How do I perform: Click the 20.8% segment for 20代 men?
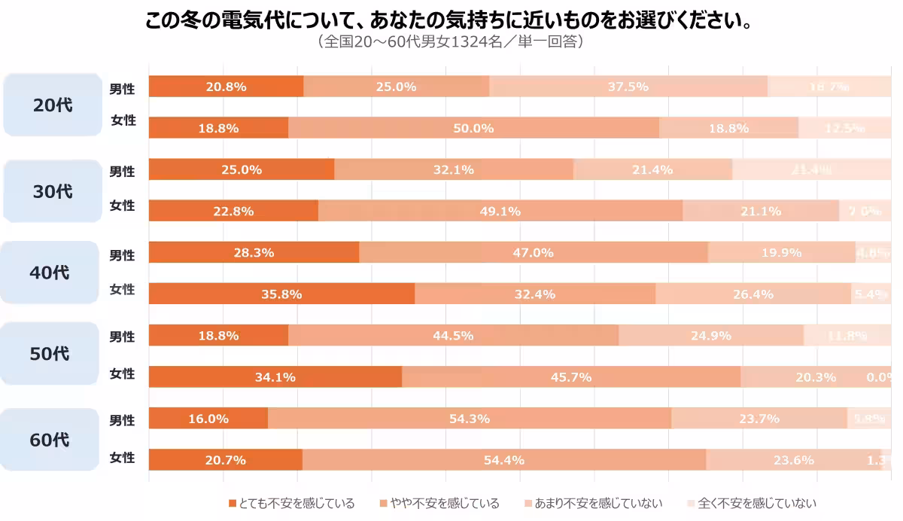pos(226,87)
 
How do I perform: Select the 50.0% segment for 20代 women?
pos(473,128)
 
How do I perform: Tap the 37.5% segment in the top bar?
pos(628,87)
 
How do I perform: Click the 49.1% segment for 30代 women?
pos(500,211)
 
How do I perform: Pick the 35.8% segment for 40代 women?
pos(281,294)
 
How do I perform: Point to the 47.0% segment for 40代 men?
pos(533,252)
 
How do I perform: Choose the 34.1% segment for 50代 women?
pos(275,376)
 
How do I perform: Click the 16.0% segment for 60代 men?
pos(208,419)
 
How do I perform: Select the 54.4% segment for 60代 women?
pos(503,460)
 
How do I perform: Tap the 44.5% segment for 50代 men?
pos(453,335)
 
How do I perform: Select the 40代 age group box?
pos(50,273)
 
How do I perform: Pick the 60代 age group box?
pos(50,440)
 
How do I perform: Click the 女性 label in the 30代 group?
pos(123,206)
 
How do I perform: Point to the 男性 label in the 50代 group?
pos(123,337)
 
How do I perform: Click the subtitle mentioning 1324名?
pos(451,41)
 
